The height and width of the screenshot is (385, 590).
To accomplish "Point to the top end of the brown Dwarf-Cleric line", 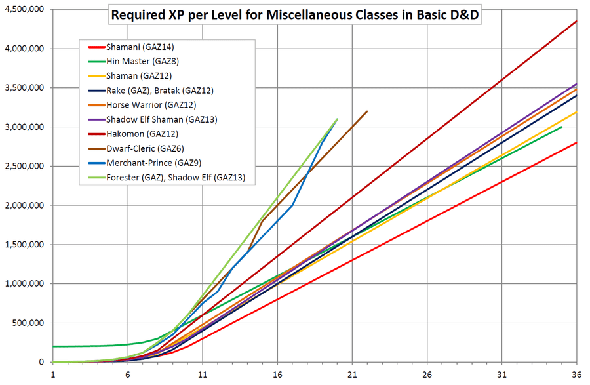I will click(x=367, y=111).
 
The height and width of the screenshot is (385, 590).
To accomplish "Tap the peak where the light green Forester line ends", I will click(x=337, y=119).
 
